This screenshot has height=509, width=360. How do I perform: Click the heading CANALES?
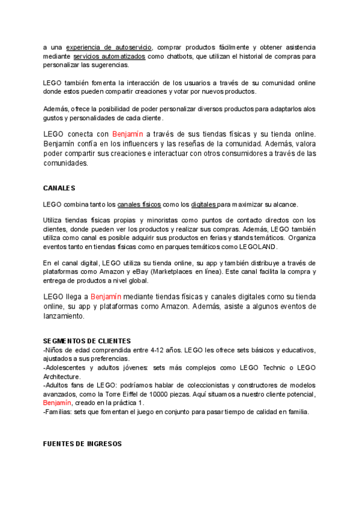click(x=59, y=188)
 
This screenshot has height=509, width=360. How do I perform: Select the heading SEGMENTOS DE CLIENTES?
click(x=87, y=341)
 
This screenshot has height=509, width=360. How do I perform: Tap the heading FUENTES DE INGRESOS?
click(x=82, y=444)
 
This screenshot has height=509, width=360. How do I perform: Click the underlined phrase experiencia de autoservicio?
click(x=109, y=47)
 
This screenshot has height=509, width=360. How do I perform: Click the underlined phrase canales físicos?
click(x=139, y=204)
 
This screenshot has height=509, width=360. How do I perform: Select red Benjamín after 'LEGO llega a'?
click(x=106, y=297)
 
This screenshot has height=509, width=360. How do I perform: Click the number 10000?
click(x=175, y=394)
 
